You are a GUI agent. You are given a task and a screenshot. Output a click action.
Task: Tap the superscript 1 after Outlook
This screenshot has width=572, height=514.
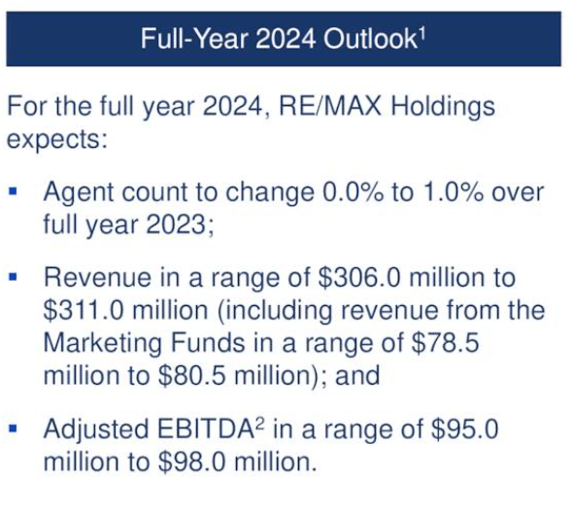click(x=423, y=33)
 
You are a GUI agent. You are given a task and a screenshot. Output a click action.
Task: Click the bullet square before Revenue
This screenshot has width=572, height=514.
click(x=14, y=276)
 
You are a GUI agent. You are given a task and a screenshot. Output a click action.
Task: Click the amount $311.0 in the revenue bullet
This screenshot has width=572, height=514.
click(x=86, y=310)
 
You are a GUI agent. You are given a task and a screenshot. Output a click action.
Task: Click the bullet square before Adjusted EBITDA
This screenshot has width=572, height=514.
click(x=14, y=426)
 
